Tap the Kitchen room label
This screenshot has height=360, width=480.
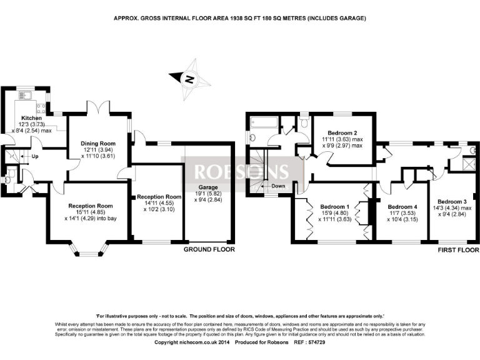click(x=32, y=117)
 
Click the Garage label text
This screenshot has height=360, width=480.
click(x=208, y=187)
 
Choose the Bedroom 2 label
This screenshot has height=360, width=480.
click(x=342, y=132)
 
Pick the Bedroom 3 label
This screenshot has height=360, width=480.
click(x=452, y=201)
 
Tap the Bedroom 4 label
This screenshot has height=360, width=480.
click(x=402, y=206)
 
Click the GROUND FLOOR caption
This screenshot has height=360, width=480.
click(x=209, y=249)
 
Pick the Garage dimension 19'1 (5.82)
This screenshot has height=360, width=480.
click(x=208, y=194)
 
